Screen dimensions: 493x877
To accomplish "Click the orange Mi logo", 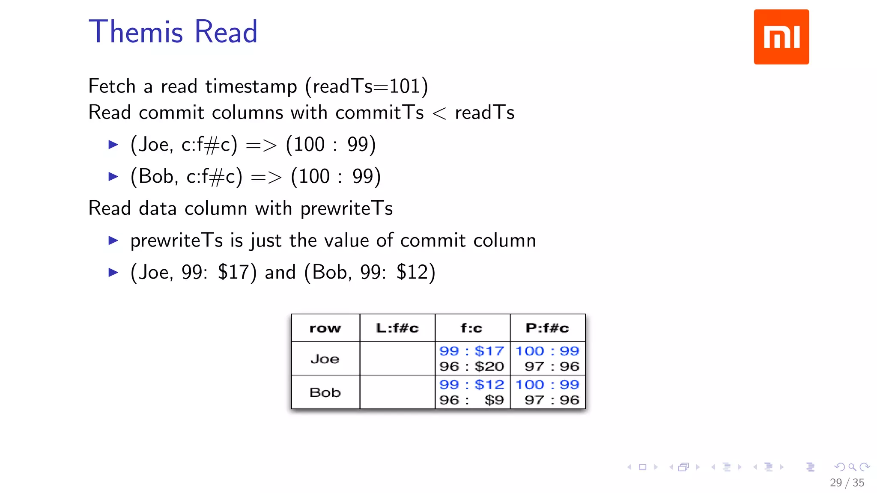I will (781, 37).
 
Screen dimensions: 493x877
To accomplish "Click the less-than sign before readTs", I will (439, 113).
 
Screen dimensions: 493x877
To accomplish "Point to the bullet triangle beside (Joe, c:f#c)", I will (113, 145).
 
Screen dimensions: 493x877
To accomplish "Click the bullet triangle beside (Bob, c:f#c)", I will (113, 176).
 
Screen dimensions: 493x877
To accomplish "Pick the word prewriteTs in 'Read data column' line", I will (346, 208).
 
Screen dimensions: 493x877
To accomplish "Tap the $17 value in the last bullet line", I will (237, 272).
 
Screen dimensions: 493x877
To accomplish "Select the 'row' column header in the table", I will (325, 328).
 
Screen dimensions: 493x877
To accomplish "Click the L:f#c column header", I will (397, 328).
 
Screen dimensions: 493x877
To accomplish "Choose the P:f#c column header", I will (547, 328).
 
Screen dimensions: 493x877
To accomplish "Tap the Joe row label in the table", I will (325, 359).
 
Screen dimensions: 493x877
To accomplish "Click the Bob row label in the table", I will (325, 392).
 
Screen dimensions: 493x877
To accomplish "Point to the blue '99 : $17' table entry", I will (471, 351).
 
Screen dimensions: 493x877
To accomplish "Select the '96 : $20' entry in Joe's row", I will (471, 366).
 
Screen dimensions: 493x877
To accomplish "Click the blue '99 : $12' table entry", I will (471, 384).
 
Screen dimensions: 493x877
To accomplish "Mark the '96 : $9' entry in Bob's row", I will (471, 400).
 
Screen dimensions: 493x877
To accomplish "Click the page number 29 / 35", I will (847, 483).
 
